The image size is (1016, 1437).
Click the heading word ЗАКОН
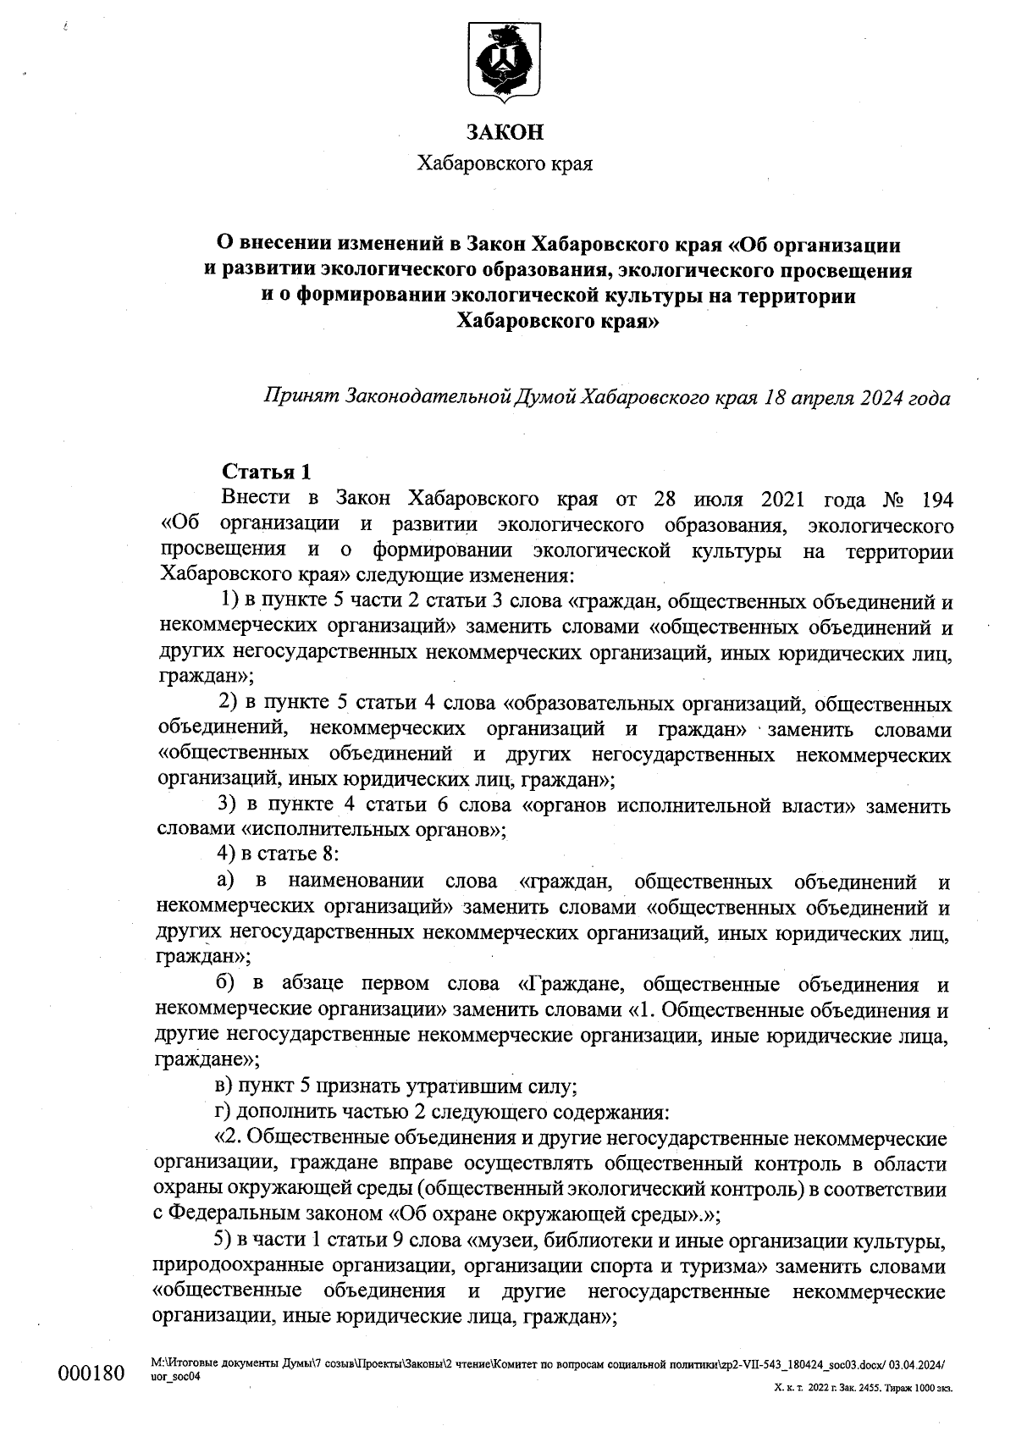(505, 133)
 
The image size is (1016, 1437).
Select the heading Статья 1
(266, 471)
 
